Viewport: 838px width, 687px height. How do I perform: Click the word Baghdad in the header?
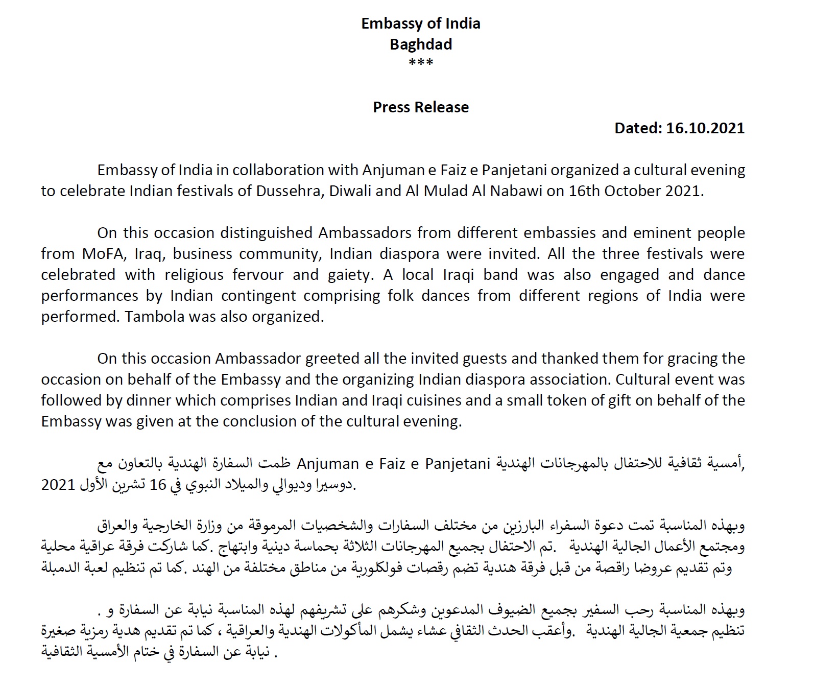421,44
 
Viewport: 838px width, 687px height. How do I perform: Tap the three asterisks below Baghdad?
421,63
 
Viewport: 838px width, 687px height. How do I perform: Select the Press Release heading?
421,107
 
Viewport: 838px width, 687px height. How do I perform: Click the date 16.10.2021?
705,128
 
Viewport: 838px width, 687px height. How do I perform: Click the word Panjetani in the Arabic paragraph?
458,464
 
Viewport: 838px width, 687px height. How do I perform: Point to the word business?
209,254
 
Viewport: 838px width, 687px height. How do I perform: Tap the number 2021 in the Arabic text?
58,485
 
